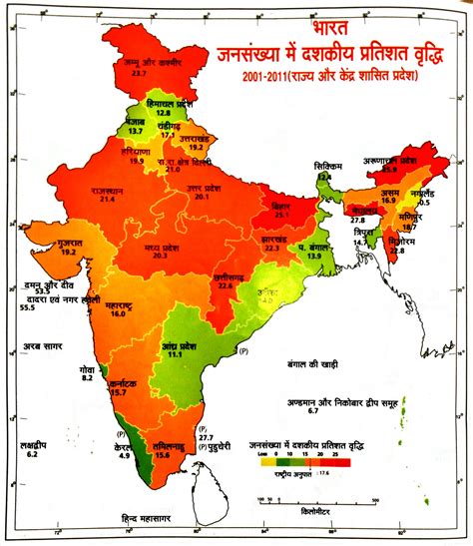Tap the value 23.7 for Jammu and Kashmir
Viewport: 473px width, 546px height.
[139, 74]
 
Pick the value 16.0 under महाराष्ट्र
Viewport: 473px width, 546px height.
[119, 313]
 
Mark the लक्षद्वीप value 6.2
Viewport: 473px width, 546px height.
[33, 454]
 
